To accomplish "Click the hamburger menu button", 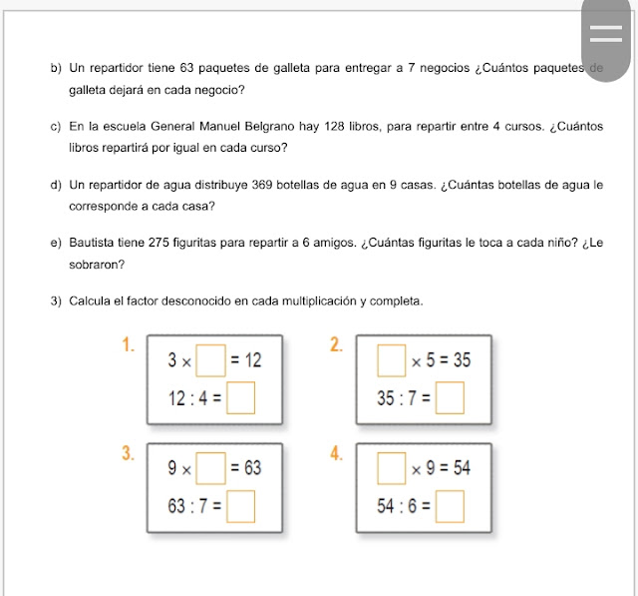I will (605, 32).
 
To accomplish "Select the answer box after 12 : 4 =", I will (241, 399).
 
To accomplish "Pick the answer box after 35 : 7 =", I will (452, 399).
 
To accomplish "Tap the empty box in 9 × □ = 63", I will (209, 467).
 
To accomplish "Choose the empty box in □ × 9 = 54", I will (390, 467).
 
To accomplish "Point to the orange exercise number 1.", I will (128, 346).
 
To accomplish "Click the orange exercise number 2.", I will (336, 346).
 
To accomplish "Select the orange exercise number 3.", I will (128, 453).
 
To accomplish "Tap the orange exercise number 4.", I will (336, 453).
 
